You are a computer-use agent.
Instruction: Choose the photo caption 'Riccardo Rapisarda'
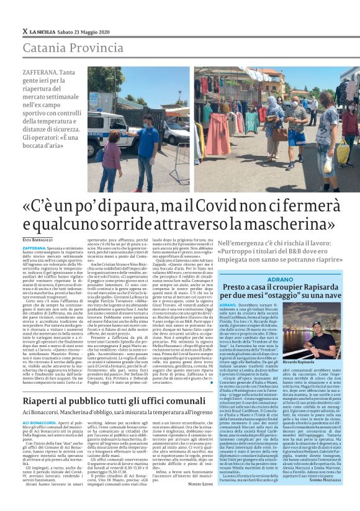pos(334,361)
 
